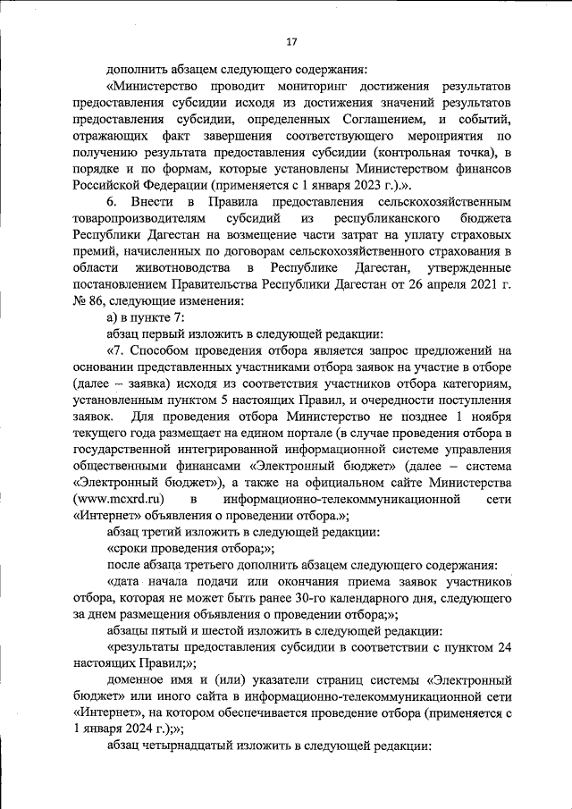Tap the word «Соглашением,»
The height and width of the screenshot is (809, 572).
click(x=391, y=119)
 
